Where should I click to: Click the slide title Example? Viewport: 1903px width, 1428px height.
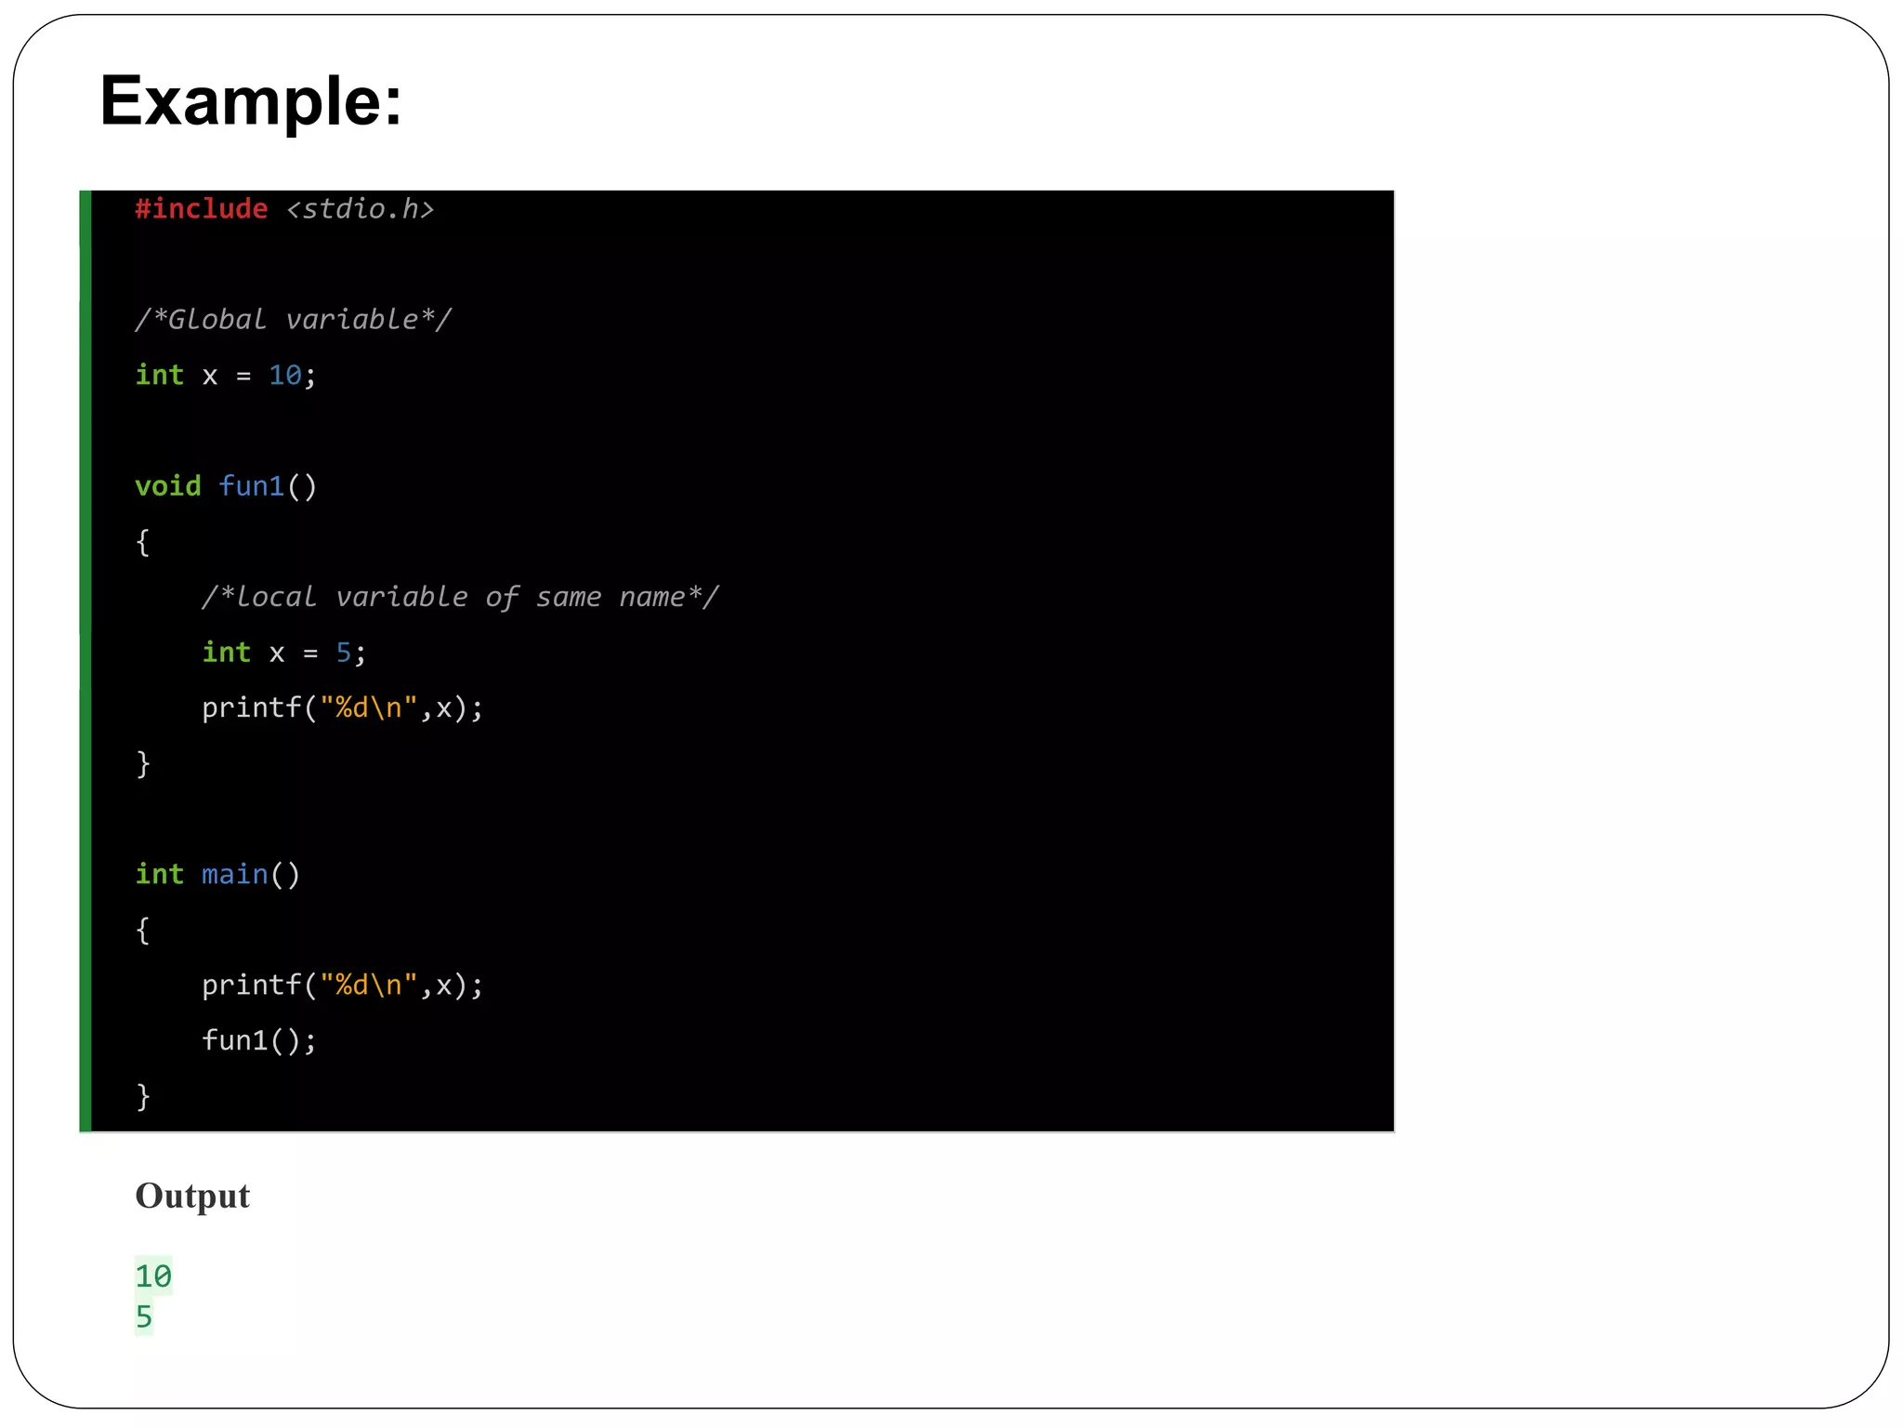click(251, 101)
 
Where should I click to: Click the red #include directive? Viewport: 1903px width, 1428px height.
click(202, 209)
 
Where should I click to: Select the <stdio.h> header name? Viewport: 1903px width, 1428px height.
click(361, 209)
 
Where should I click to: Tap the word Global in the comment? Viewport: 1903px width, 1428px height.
click(217, 320)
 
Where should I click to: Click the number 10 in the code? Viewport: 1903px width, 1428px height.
click(285, 376)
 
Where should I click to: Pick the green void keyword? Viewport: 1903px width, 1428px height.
click(167, 486)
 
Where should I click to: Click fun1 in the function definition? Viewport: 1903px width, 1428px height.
click(252, 486)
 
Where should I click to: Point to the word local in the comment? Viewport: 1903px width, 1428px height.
click(276, 597)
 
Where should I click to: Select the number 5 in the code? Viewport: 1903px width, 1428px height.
click(344, 653)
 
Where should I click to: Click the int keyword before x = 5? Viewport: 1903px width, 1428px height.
click(226, 653)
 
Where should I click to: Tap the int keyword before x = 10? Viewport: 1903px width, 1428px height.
click(159, 376)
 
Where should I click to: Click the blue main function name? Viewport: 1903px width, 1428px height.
click(234, 874)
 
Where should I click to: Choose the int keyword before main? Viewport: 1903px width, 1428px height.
click(159, 874)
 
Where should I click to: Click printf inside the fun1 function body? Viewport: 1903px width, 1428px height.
click(252, 708)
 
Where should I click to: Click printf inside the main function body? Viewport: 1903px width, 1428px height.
click(252, 985)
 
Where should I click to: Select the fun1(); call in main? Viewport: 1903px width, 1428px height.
click(259, 1040)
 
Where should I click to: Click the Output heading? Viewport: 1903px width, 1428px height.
click(192, 1196)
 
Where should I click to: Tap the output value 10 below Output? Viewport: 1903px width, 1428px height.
click(153, 1276)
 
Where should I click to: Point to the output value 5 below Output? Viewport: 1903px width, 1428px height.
click(144, 1317)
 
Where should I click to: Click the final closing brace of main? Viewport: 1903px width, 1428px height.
click(143, 1097)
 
